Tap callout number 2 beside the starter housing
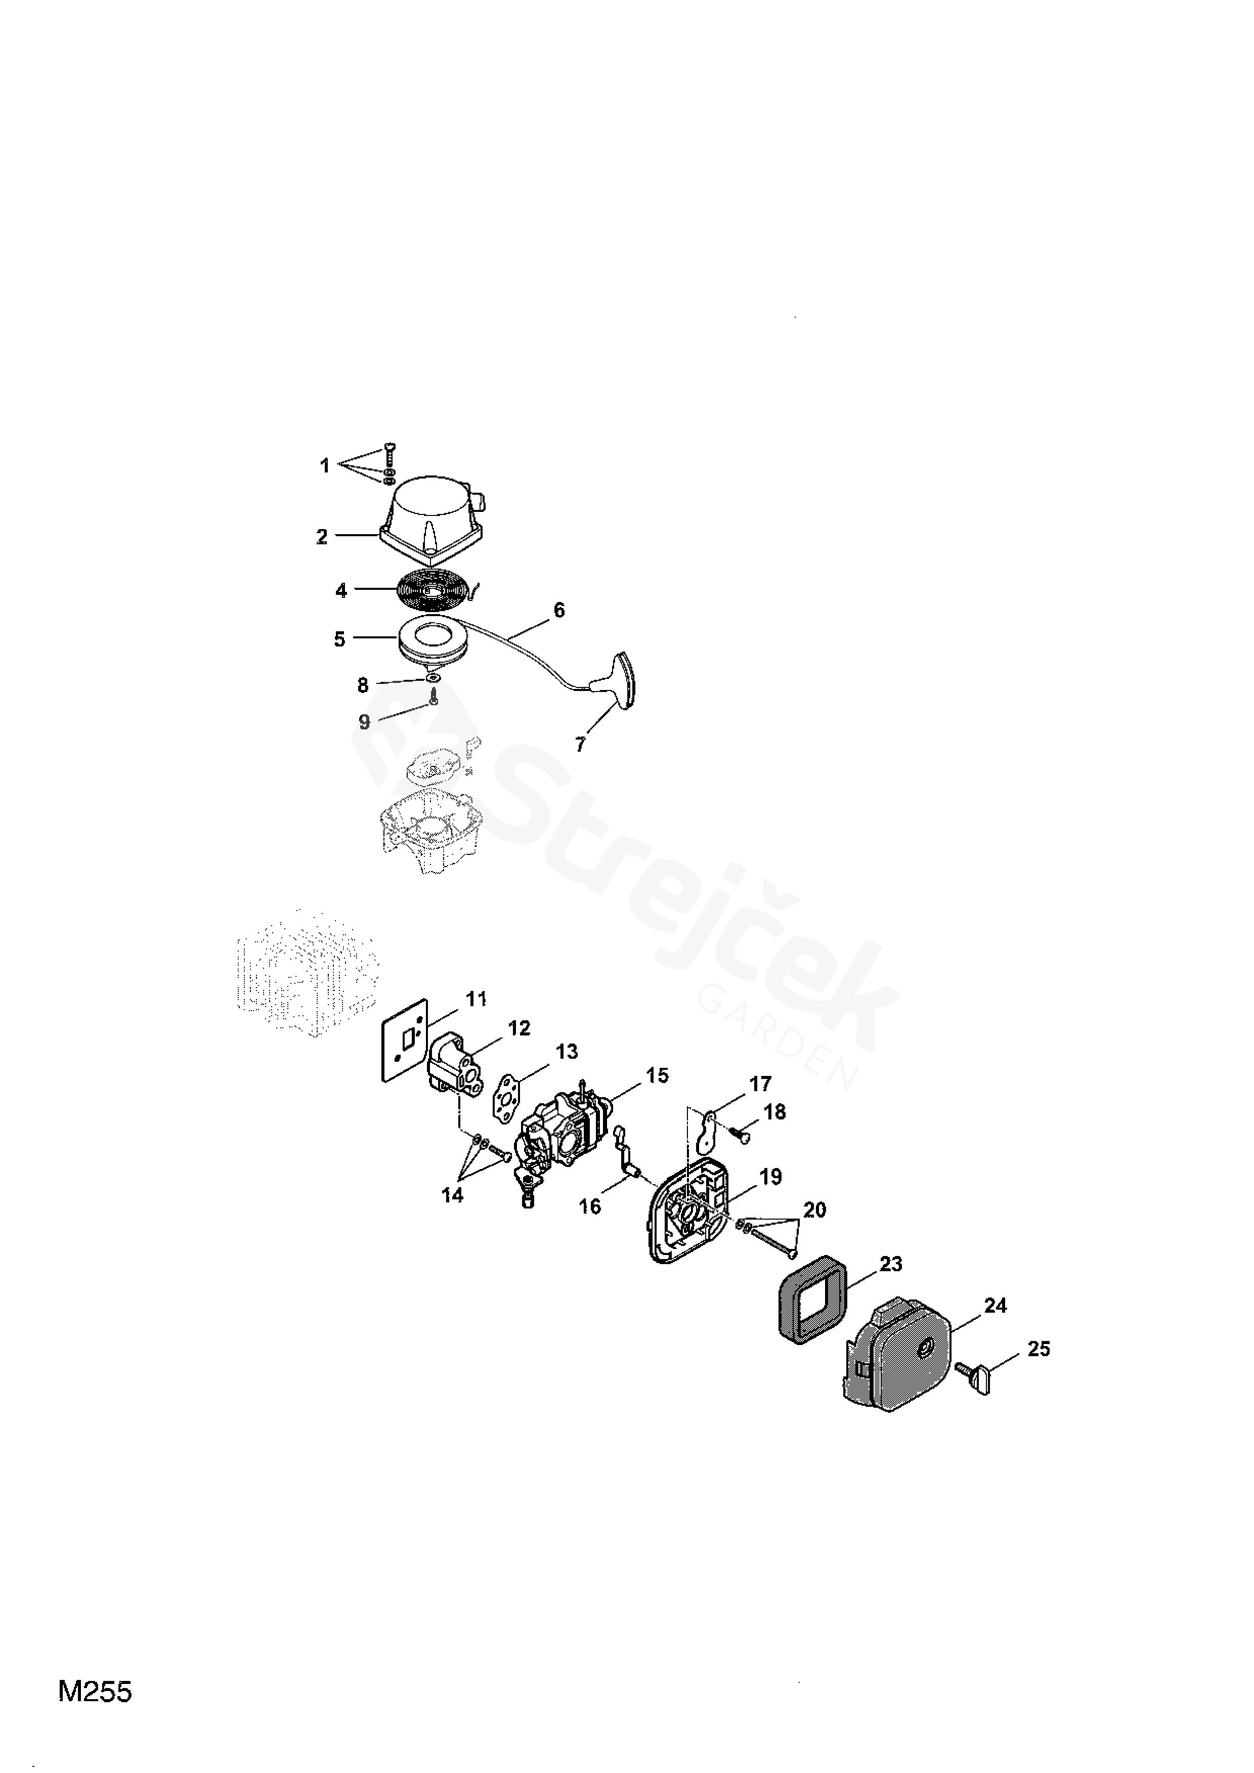(322, 537)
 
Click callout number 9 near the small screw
(364, 721)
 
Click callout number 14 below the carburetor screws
(453, 1195)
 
